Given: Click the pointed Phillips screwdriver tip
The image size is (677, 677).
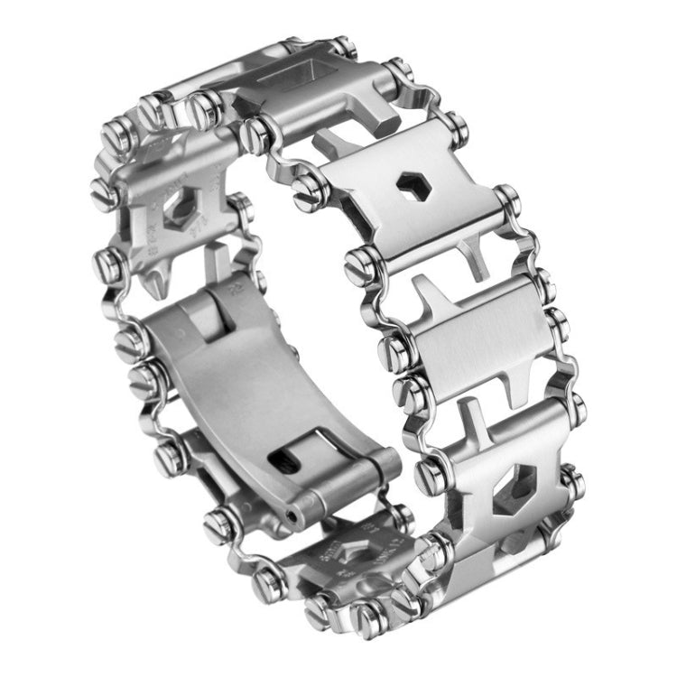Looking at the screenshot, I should click(x=154, y=283).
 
